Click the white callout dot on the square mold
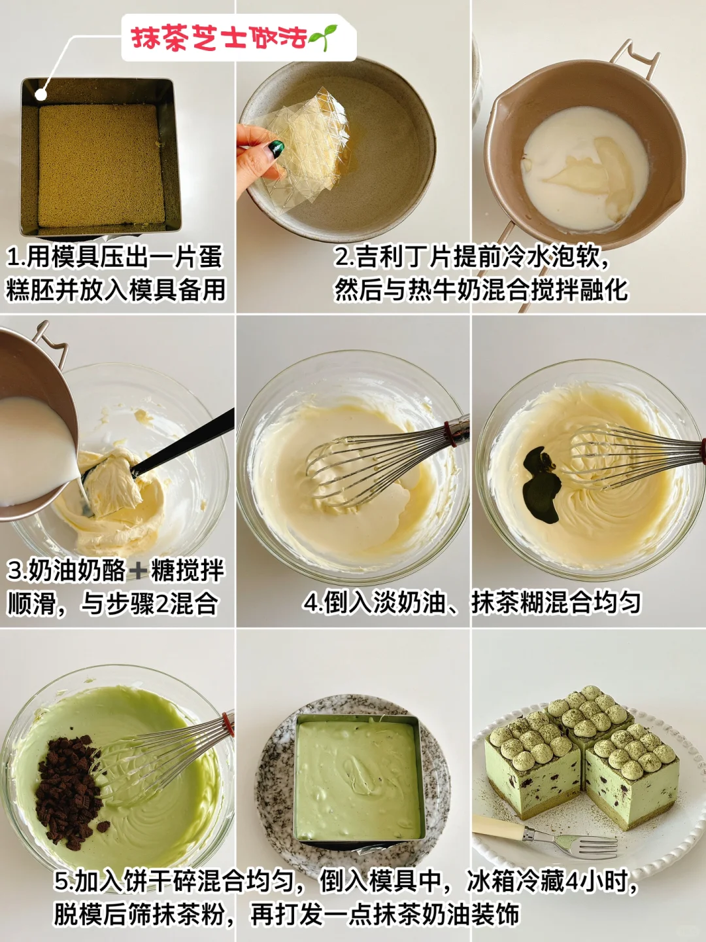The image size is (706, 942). coord(41,94)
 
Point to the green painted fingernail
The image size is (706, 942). coord(276,148)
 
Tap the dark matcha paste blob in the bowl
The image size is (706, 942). coord(542,484)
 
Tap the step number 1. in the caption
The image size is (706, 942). coord(16,258)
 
